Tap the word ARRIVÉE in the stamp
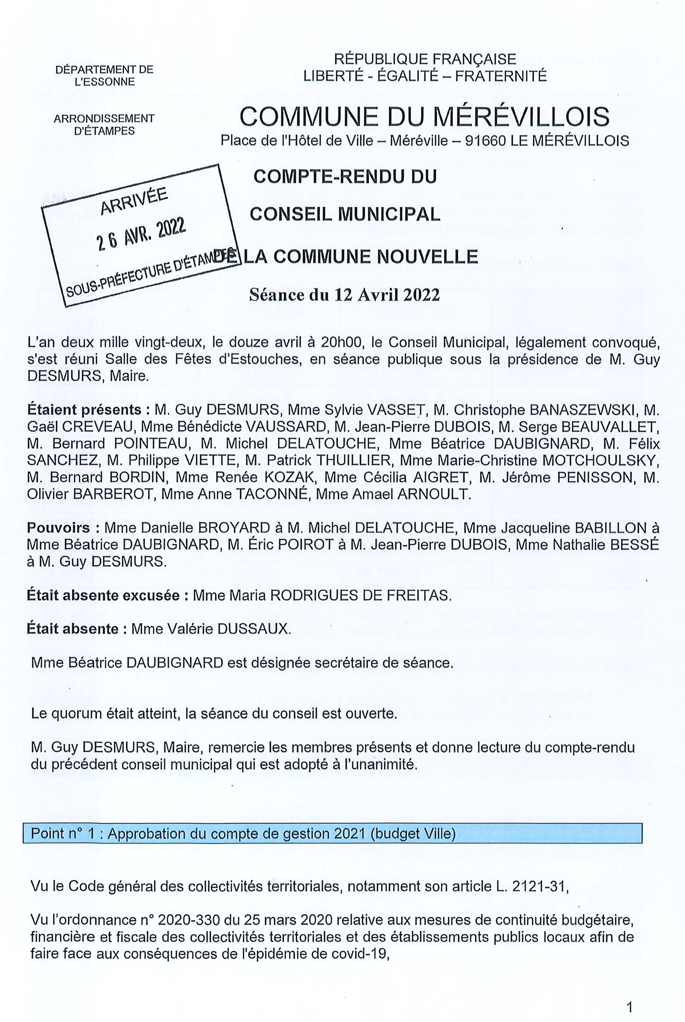[134, 202]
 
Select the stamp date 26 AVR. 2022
[141, 234]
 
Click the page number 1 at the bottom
[629, 996]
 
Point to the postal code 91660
[485, 141]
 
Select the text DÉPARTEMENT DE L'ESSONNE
[105, 75]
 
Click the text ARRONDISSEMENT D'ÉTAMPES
[105, 124]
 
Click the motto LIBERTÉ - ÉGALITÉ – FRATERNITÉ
[425, 77]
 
